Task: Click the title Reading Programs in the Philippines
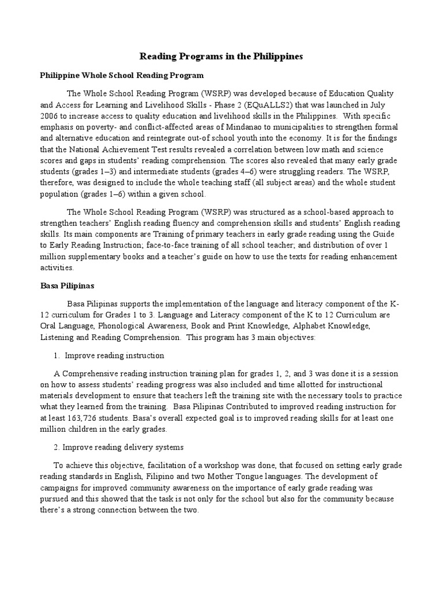tap(221, 57)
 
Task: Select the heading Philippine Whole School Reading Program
tap(122, 76)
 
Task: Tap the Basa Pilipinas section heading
tap(67, 286)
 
